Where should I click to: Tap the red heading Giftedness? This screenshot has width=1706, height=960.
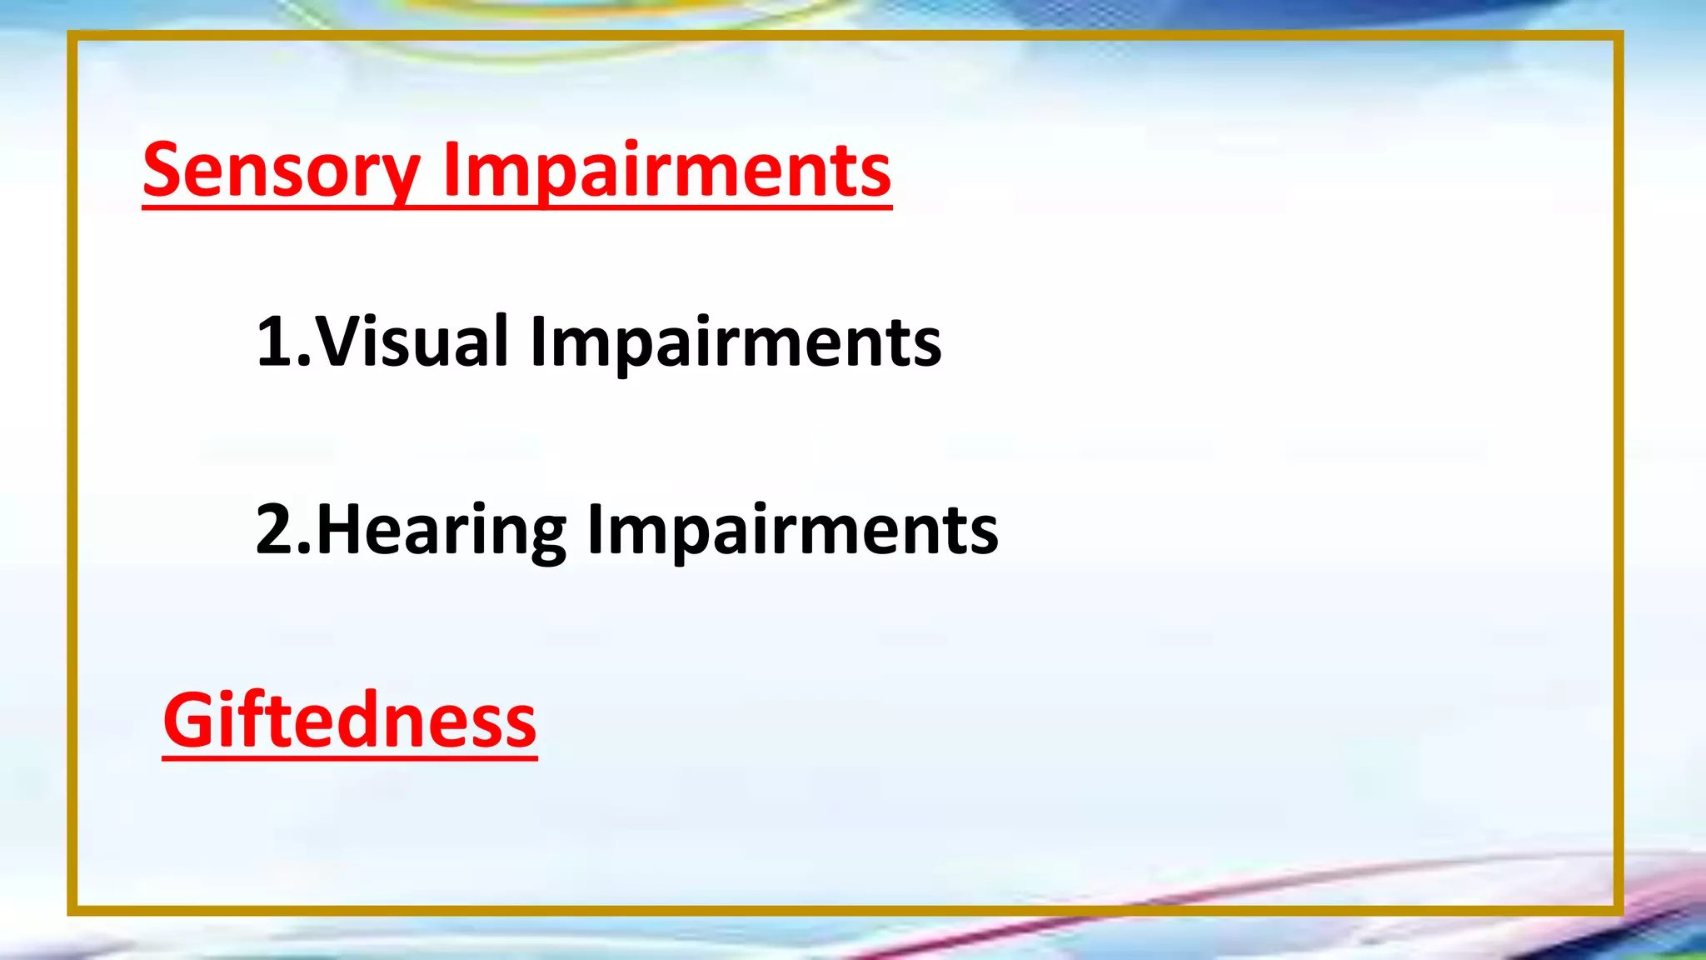[x=350, y=720]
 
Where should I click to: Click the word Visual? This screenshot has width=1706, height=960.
[x=412, y=341]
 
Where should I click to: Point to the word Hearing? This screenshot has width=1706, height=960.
[x=441, y=530]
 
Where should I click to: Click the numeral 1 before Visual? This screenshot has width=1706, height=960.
[x=274, y=341]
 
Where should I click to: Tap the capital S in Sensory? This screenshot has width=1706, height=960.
[x=163, y=170]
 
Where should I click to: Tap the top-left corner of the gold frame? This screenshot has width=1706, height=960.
[x=72, y=36]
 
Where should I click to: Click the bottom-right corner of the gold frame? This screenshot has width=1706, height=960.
[x=1619, y=910]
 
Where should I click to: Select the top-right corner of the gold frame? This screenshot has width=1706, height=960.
[x=1619, y=36]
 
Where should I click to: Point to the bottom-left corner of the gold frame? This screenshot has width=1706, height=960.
[x=72, y=910]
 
